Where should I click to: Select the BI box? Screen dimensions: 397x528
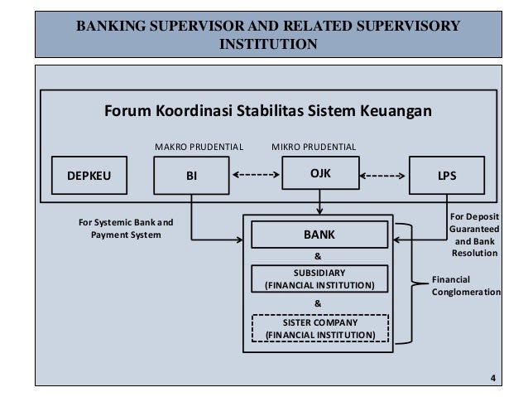193,175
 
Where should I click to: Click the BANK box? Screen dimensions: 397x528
319,235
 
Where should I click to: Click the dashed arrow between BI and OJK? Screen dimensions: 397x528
254,175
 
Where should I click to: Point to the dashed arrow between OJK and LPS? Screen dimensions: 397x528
382,175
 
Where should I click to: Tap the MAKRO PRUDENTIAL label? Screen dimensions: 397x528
199,147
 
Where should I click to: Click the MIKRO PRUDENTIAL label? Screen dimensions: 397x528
314,147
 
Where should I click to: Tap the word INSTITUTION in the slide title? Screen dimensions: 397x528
266,43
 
